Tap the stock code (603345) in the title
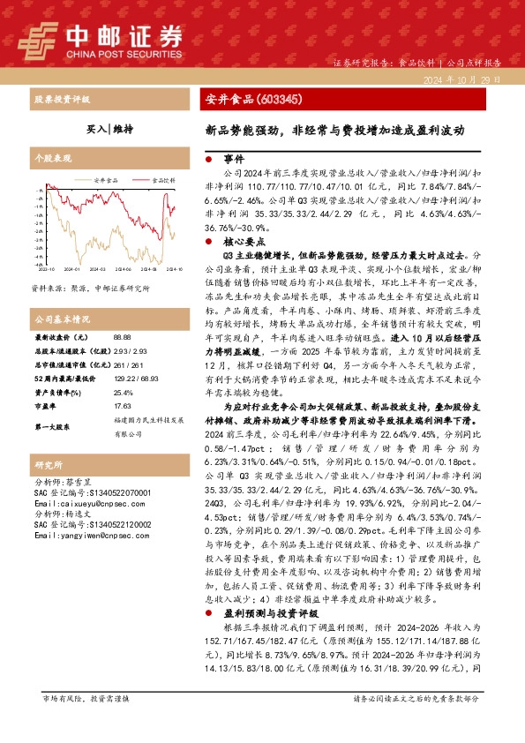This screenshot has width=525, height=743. (x=278, y=100)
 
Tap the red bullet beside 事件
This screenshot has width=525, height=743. (x=207, y=160)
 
